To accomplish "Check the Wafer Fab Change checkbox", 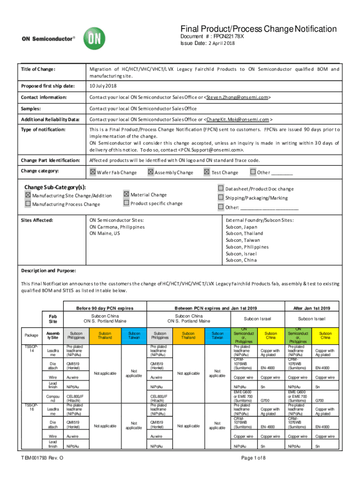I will (93, 172).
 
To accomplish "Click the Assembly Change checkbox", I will (151, 172).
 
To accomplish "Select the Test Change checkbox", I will (207, 172).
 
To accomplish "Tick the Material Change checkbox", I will (127, 194).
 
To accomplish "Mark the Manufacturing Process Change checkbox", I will (28, 204).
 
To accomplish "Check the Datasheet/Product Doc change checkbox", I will (221, 189).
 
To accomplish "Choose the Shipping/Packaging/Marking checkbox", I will (221, 198).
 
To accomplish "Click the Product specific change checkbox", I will (127, 203).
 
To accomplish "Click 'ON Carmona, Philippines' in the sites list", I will (117, 227).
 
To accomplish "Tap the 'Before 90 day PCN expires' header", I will (105, 308).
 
